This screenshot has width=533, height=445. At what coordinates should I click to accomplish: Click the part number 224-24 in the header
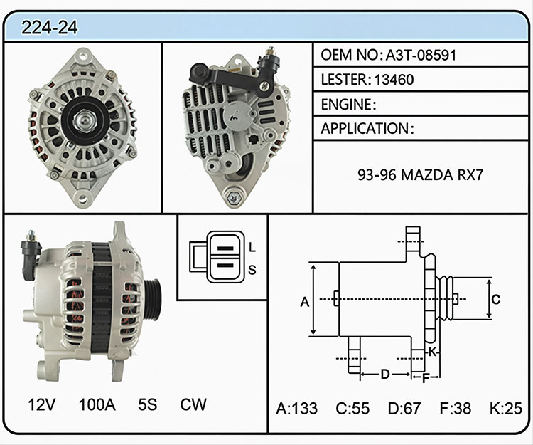click(x=50, y=27)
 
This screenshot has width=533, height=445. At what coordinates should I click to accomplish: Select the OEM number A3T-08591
click(x=421, y=55)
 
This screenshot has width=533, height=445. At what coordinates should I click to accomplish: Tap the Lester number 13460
click(x=394, y=79)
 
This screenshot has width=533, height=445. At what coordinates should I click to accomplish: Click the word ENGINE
click(x=346, y=104)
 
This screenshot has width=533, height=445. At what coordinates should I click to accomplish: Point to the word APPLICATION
click(x=365, y=128)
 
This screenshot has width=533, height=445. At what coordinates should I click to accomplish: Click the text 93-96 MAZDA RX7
click(x=420, y=174)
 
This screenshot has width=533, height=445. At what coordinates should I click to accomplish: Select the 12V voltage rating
click(x=41, y=404)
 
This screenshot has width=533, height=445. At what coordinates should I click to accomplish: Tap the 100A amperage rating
click(x=97, y=404)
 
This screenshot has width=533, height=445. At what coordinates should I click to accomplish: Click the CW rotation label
click(x=193, y=404)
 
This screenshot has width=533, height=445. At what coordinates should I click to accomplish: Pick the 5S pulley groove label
click(x=148, y=404)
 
